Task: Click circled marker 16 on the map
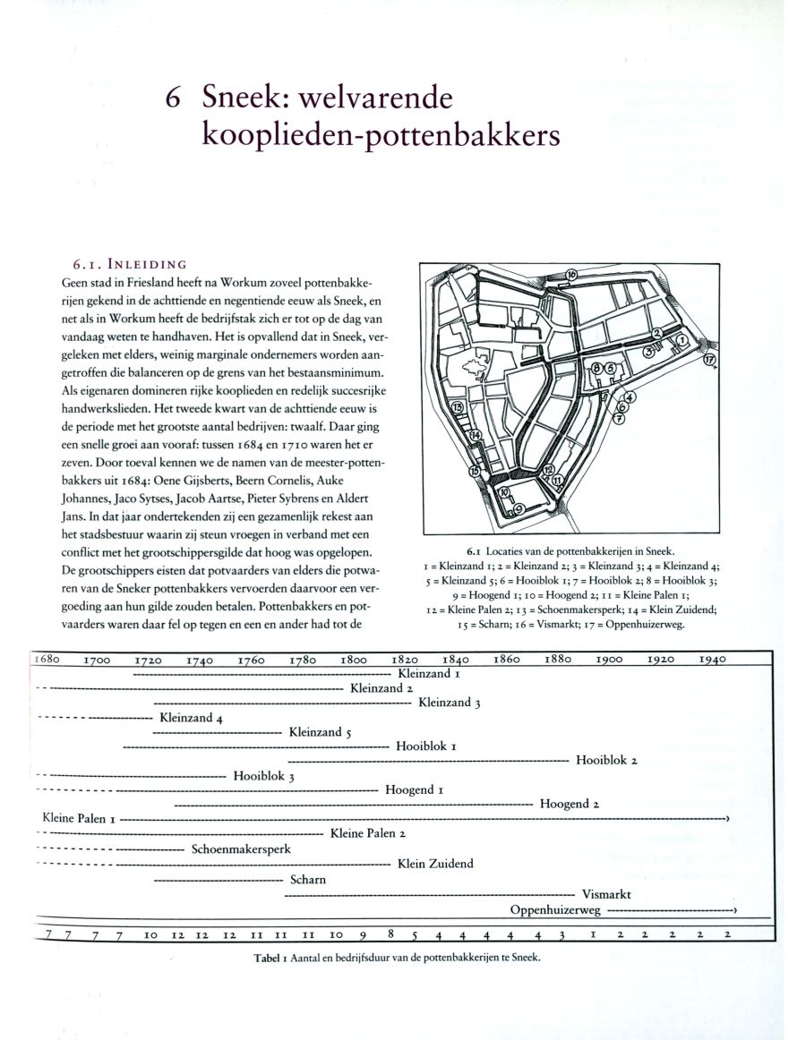(x=570, y=274)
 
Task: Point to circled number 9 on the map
(x=519, y=507)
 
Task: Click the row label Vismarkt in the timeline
(x=606, y=893)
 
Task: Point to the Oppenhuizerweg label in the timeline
(x=554, y=909)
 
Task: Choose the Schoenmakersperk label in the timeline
(x=241, y=848)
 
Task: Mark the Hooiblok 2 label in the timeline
(x=606, y=761)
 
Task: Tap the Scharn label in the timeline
(x=308, y=879)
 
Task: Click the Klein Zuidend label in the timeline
(x=435, y=864)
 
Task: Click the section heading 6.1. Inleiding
(x=129, y=264)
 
